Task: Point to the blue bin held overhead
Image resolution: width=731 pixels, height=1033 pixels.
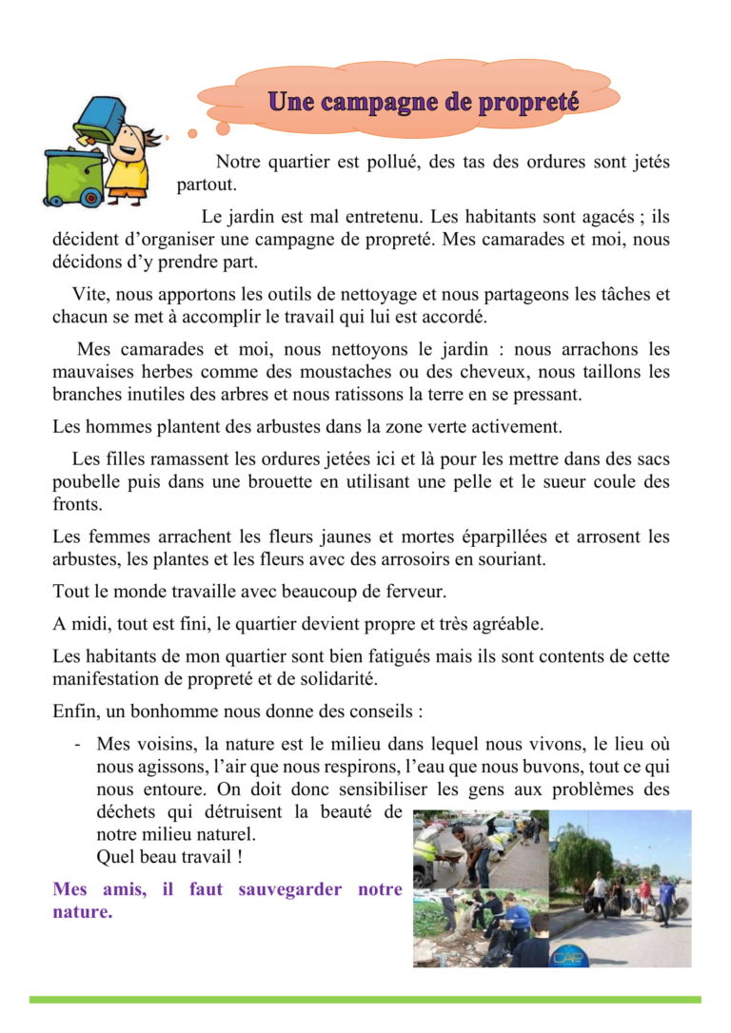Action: tap(100, 118)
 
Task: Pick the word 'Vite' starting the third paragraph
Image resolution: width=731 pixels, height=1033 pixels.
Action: tap(88, 293)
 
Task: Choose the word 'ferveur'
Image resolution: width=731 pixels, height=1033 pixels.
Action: tap(413, 592)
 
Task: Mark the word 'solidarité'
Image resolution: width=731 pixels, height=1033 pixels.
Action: tap(338, 679)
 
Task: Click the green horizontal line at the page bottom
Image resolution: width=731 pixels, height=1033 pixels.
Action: tap(365, 1000)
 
